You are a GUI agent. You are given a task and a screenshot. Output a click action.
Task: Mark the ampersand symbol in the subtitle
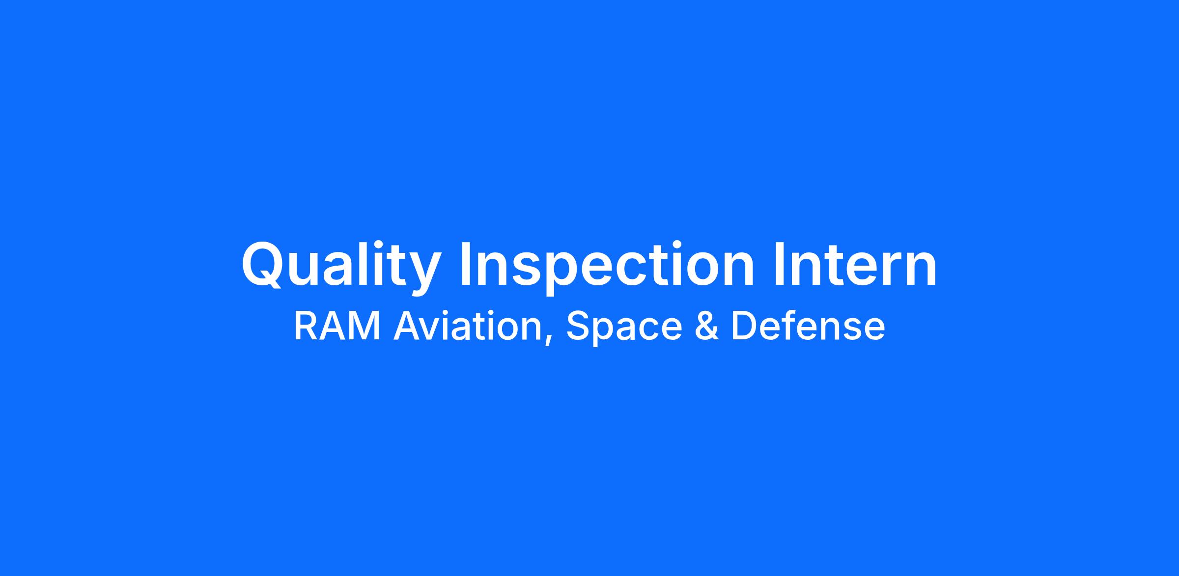coord(707,326)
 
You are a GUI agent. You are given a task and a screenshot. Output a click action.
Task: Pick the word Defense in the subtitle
coord(808,326)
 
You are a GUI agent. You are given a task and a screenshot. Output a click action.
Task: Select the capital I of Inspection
coord(465,264)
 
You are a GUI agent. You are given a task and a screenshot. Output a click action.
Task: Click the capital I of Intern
coord(780,264)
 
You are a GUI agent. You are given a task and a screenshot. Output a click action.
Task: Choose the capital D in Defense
coord(744,326)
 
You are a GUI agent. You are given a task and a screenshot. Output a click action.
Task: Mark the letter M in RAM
coord(366,326)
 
